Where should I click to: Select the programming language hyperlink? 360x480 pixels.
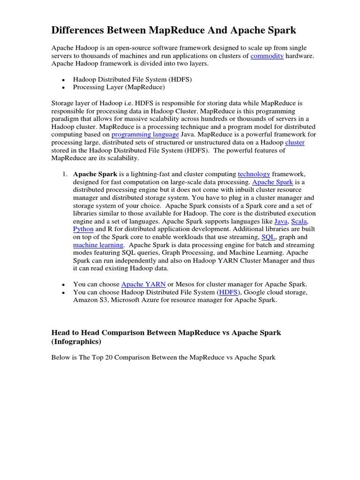pyautogui.click(x=145, y=135)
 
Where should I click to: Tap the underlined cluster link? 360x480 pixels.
pyautogui.click(x=294, y=142)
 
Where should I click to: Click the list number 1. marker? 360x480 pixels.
pyautogui.click(x=65, y=174)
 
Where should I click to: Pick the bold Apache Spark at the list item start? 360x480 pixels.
pyautogui.click(x=95, y=174)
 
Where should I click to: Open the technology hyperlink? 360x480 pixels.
pyautogui.click(x=254, y=174)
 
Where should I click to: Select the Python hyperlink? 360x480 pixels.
pyautogui.click(x=83, y=229)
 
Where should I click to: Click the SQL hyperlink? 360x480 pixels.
pyautogui.click(x=268, y=237)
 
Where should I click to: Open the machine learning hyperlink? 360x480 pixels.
pyautogui.click(x=98, y=245)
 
